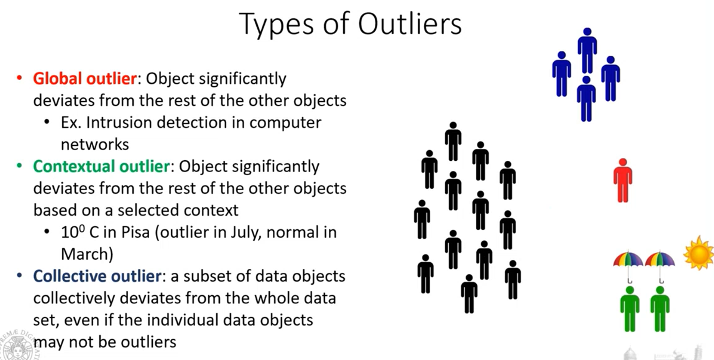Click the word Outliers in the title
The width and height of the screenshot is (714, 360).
[410, 24]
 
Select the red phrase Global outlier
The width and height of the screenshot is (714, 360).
[85, 78]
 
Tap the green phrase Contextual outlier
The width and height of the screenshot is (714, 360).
[102, 166]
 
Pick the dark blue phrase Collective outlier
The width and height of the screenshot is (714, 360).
[97, 276]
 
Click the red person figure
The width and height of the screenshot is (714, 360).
[623, 180]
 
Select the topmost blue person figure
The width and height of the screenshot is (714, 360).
[587, 50]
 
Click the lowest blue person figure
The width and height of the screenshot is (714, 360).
[586, 99]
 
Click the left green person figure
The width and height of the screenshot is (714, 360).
[630, 309]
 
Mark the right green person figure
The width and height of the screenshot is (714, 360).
[660, 309]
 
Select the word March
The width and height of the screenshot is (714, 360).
[84, 254]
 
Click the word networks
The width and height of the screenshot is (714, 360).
[95, 145]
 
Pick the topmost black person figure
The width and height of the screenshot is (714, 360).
[453, 141]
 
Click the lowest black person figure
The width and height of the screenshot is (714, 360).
[469, 294]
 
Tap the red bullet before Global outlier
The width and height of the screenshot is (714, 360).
[19, 78]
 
